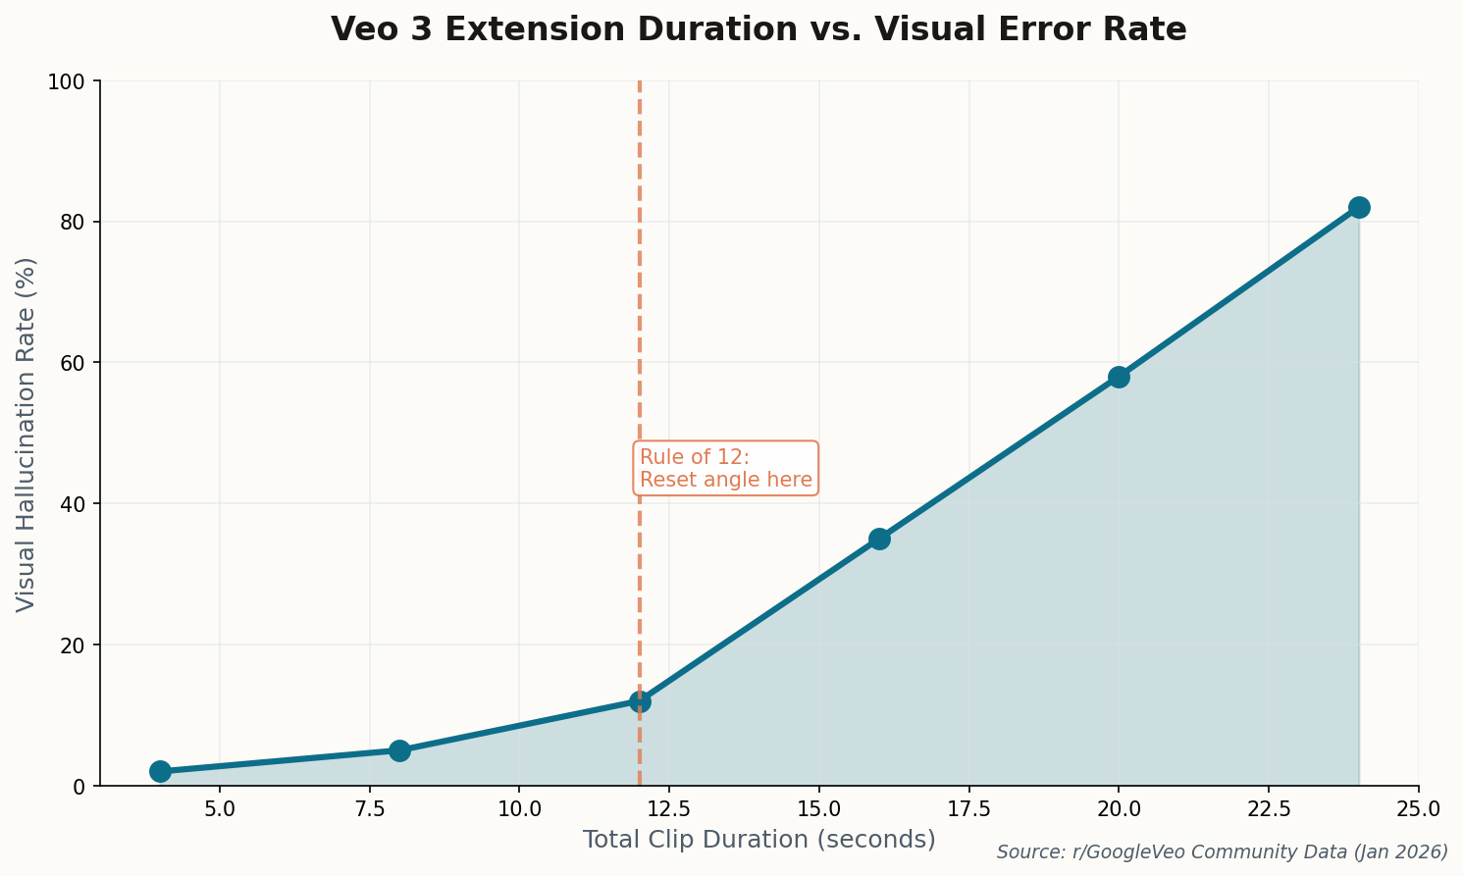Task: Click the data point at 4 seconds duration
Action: tap(160, 771)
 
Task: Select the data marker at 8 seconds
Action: tap(399, 750)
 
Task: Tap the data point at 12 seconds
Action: tap(640, 701)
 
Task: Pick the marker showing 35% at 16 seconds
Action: tap(879, 539)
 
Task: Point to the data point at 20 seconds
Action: tap(1119, 377)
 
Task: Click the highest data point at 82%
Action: tap(1359, 207)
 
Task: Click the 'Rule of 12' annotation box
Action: tap(726, 469)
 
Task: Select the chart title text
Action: tap(758, 29)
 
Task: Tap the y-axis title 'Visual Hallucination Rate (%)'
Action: tap(26, 434)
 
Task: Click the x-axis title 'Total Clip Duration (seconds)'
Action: tap(758, 840)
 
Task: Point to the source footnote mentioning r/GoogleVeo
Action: tap(1222, 852)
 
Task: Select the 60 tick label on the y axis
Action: tap(75, 363)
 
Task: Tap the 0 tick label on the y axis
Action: tap(82, 786)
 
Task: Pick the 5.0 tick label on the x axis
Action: tap(220, 809)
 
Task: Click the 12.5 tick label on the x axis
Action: tap(669, 809)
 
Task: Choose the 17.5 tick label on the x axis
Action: tap(968, 809)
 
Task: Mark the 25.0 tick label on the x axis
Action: tap(1418, 809)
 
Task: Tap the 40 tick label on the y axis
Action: tap(75, 504)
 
